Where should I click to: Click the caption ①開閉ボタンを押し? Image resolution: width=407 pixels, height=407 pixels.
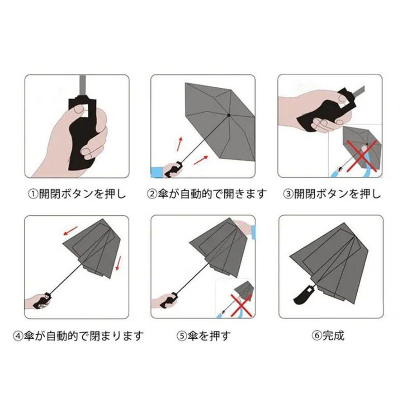(x=77, y=194)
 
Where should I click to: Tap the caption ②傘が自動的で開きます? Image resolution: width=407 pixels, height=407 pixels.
(x=207, y=194)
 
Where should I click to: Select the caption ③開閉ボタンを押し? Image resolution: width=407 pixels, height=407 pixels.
(x=332, y=194)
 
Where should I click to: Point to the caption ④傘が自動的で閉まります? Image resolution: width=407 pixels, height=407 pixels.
(x=78, y=336)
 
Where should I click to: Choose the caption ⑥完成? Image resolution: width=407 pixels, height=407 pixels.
(x=328, y=336)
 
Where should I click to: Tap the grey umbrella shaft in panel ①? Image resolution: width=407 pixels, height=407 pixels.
(x=83, y=85)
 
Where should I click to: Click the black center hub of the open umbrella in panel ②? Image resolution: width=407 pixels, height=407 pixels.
(x=229, y=115)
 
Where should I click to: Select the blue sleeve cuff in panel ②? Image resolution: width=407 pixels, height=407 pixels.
(x=157, y=172)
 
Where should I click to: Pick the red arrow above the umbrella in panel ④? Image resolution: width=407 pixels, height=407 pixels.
(x=71, y=231)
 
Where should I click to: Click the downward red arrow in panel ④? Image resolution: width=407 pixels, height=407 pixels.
(x=118, y=263)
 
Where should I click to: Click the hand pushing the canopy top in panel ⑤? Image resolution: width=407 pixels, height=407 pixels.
(x=243, y=227)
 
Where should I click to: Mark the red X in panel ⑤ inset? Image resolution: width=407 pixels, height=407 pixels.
(x=241, y=305)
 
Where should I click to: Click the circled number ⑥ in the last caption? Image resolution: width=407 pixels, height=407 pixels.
(x=317, y=336)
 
